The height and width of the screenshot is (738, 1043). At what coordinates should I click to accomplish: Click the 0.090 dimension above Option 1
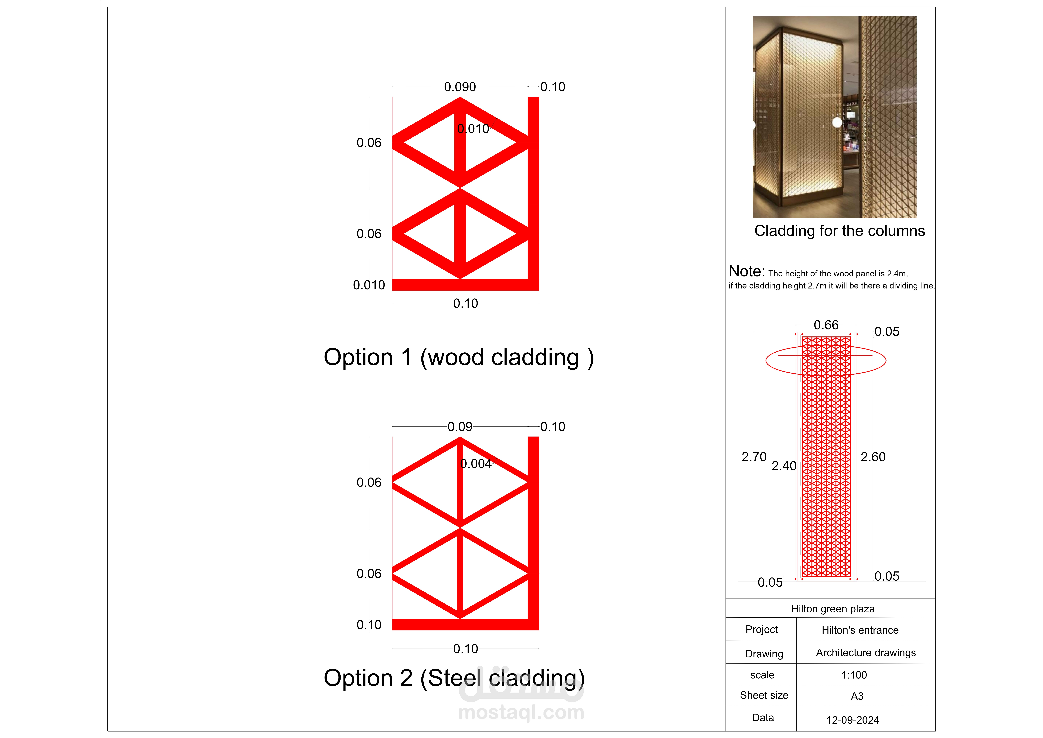(x=460, y=87)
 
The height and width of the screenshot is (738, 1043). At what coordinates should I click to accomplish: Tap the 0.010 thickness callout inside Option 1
(x=473, y=129)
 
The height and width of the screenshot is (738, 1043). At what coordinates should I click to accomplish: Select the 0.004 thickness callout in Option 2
(x=476, y=464)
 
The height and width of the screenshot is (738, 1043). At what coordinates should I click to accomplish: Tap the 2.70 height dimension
(x=754, y=457)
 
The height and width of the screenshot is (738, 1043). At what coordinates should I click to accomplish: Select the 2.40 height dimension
(x=784, y=466)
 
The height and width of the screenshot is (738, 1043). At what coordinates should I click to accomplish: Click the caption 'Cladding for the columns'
(x=840, y=231)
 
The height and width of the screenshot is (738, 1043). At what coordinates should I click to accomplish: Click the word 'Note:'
(x=747, y=271)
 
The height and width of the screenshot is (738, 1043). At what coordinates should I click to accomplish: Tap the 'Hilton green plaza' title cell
(x=833, y=609)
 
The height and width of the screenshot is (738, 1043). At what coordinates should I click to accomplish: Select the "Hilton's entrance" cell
(x=860, y=630)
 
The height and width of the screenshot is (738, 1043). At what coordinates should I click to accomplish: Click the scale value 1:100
(x=854, y=675)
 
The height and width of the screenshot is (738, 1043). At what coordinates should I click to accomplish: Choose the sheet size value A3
(x=857, y=696)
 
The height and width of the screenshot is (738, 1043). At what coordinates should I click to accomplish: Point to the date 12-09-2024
(x=853, y=720)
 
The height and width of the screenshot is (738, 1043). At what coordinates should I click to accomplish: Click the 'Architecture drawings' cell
(x=866, y=653)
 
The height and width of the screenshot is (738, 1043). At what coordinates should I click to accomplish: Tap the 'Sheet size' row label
(x=764, y=695)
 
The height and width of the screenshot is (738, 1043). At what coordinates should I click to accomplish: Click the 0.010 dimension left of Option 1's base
(x=369, y=285)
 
